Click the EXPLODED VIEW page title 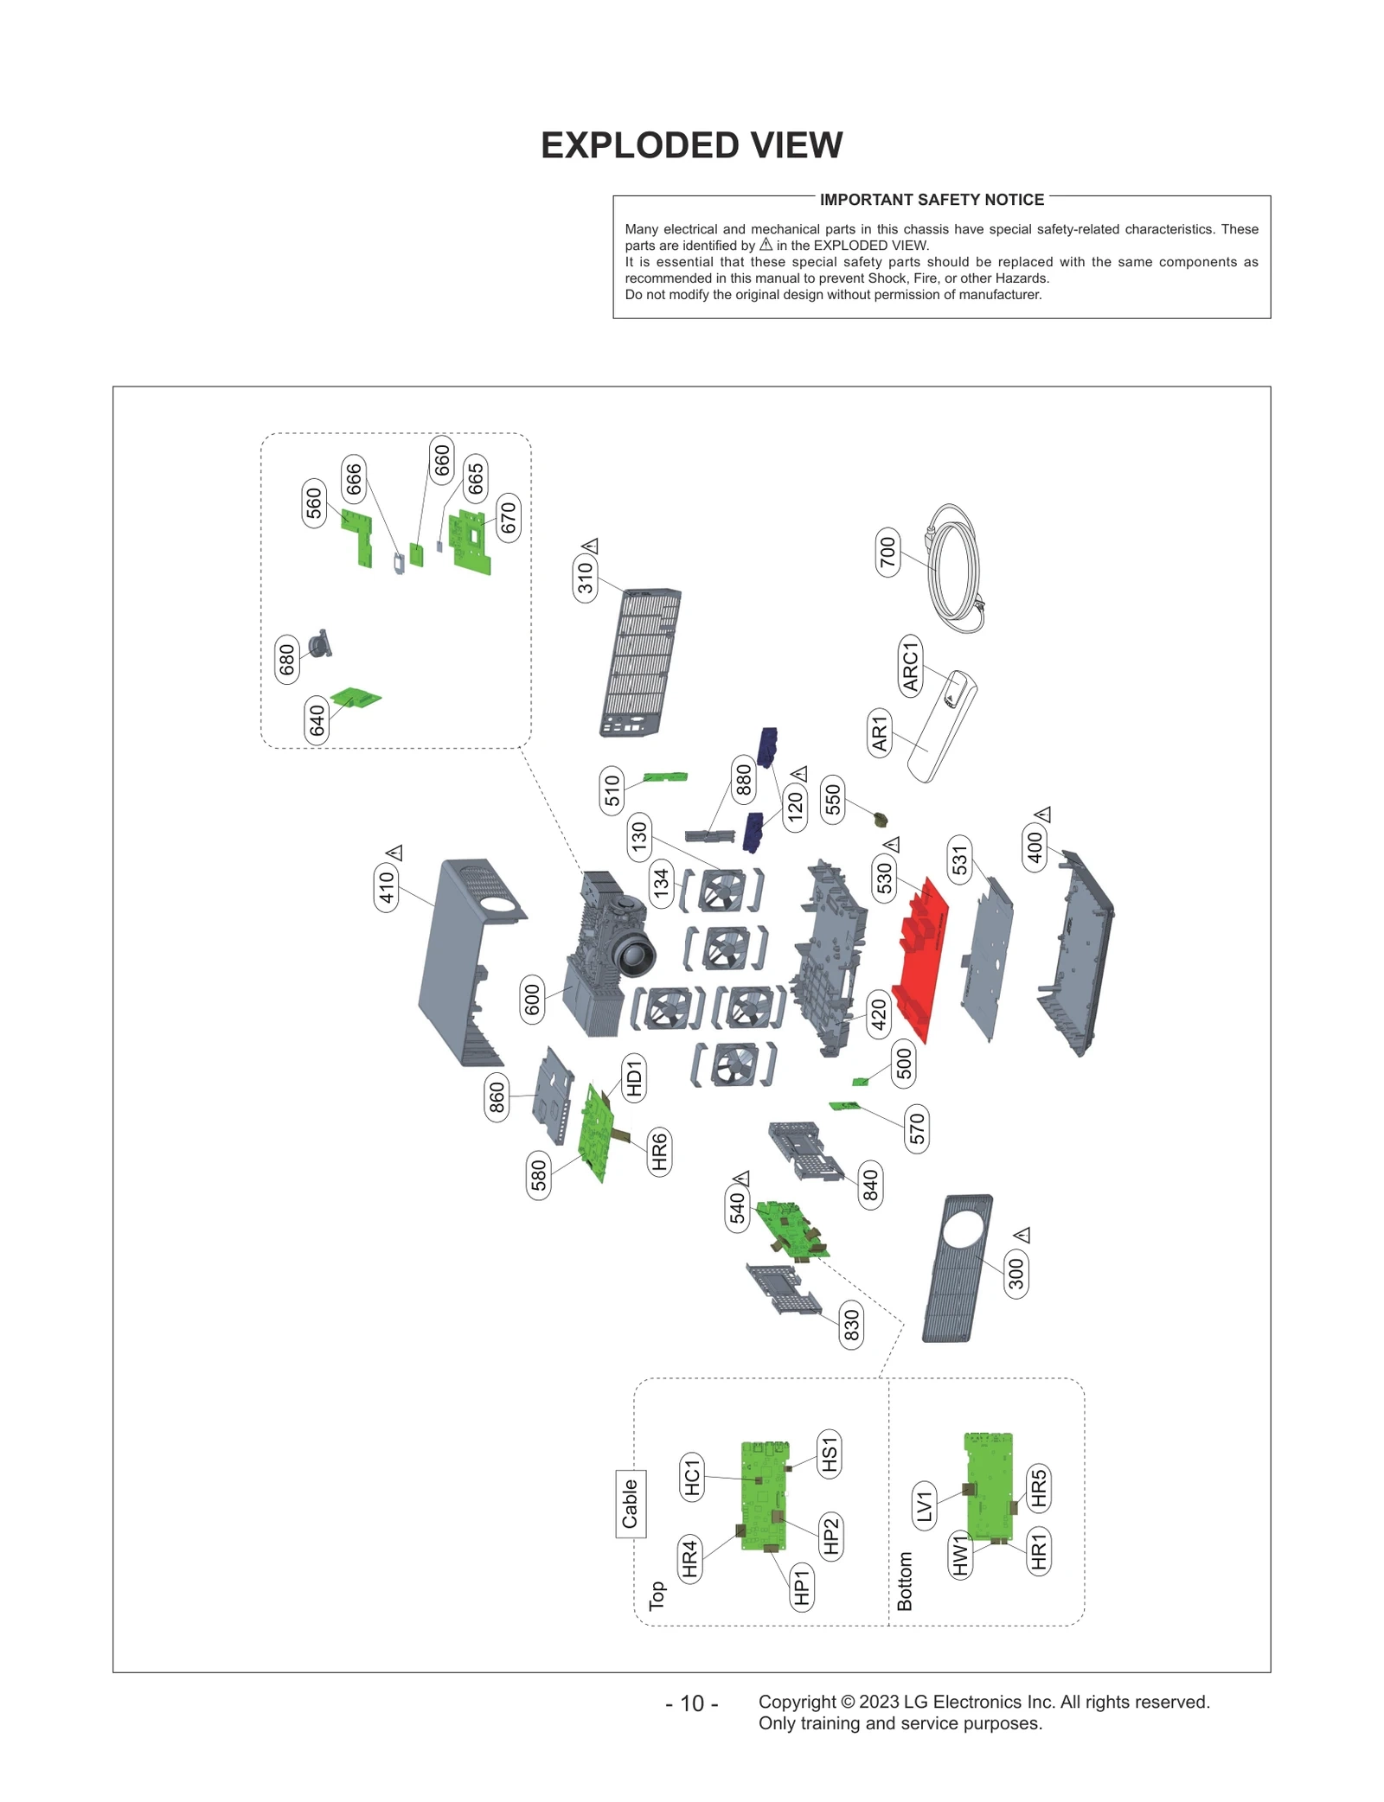click(691, 145)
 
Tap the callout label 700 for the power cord click(887, 552)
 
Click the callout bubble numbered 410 click(387, 887)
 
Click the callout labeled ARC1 click(911, 665)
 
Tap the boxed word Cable click(630, 1504)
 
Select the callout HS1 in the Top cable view click(829, 1453)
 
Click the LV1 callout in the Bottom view click(925, 1505)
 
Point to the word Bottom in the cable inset click(905, 1581)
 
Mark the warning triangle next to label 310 click(591, 546)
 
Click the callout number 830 click(851, 1324)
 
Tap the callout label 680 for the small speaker click(287, 660)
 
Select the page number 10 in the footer click(691, 1703)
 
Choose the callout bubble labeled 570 click(917, 1129)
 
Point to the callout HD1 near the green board click(634, 1079)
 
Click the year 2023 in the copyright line click(879, 1702)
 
